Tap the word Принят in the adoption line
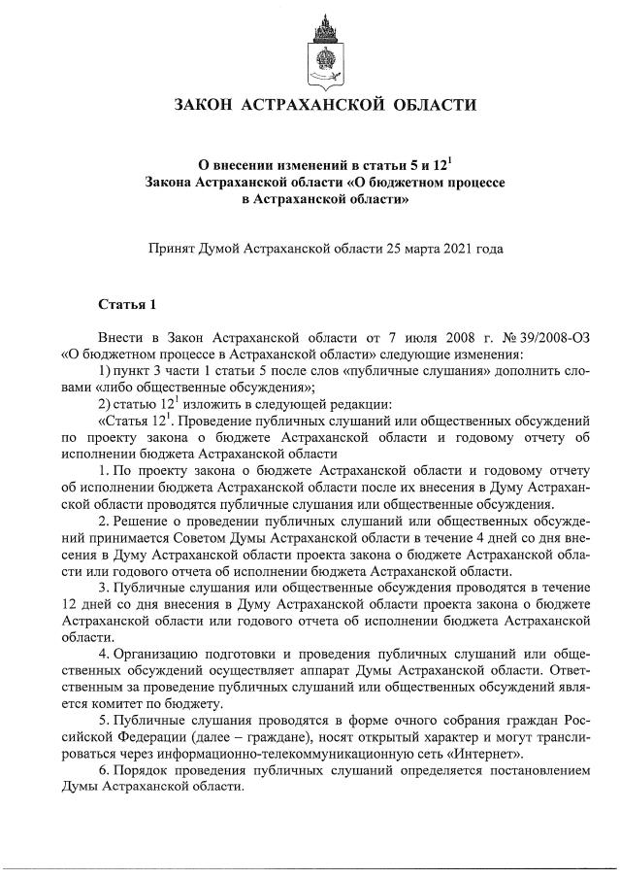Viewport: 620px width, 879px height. (168, 249)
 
